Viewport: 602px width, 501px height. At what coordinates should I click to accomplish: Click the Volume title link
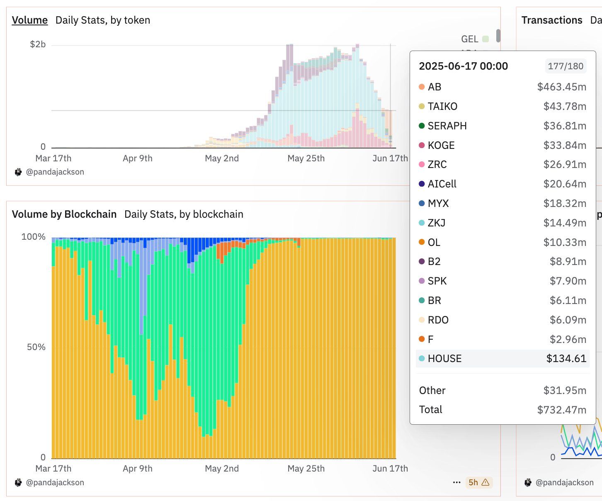click(29, 20)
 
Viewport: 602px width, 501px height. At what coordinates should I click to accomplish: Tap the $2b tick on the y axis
click(38, 44)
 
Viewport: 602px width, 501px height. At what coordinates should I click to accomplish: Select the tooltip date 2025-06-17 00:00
click(463, 66)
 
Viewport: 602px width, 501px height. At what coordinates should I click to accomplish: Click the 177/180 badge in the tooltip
click(565, 66)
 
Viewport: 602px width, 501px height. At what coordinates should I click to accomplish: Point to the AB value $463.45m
click(561, 87)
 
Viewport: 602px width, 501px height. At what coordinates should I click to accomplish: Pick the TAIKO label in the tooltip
click(442, 107)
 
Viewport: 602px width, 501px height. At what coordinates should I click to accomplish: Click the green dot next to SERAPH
click(422, 126)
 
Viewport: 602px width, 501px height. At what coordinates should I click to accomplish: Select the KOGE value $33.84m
click(565, 145)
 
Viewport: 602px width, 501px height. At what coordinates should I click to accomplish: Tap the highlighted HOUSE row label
click(444, 359)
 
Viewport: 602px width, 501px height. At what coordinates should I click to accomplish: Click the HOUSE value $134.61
click(566, 359)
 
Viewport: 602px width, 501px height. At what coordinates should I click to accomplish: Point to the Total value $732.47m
click(561, 410)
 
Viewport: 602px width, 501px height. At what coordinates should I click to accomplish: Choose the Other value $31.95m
click(565, 390)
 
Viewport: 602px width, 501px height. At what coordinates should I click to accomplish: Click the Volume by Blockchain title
click(64, 214)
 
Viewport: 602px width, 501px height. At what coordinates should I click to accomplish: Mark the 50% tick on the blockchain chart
click(36, 347)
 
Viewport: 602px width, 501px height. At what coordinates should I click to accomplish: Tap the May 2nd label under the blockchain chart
click(222, 468)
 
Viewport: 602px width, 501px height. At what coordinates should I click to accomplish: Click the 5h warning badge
click(478, 482)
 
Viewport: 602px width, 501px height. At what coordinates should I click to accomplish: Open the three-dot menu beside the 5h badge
click(456, 482)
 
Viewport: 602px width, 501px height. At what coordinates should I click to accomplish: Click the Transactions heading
click(551, 20)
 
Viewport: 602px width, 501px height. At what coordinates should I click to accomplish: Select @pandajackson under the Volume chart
click(55, 172)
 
